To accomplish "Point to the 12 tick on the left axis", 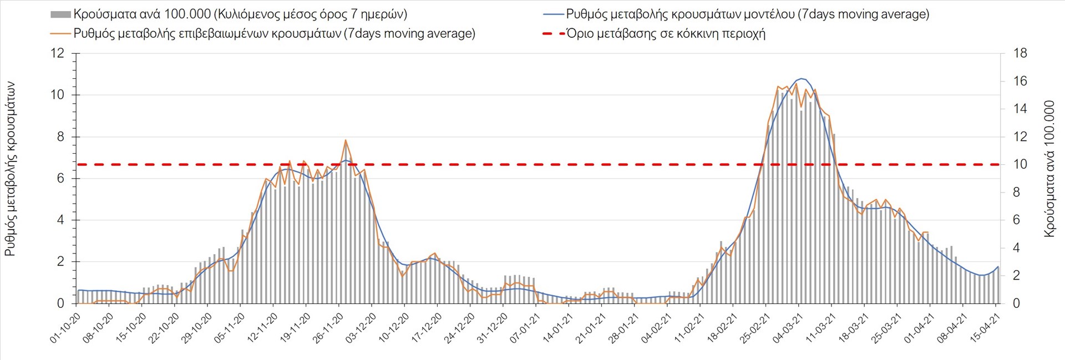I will coord(57,54).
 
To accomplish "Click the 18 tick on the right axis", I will coord(1020,54).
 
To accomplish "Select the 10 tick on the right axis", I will coord(1020,165).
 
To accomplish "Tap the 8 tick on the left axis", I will coord(60,137).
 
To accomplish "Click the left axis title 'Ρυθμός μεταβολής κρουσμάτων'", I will coord(10,169).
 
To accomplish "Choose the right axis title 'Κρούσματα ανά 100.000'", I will coord(1049,169).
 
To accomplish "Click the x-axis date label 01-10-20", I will coord(66,327).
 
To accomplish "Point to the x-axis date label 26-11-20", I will coord(329,327).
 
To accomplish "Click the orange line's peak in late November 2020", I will coord(345,140).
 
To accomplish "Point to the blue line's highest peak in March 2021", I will coord(802,79).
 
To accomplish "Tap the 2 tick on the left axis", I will coord(60,262).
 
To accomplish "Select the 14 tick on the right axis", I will coord(1020,109).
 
